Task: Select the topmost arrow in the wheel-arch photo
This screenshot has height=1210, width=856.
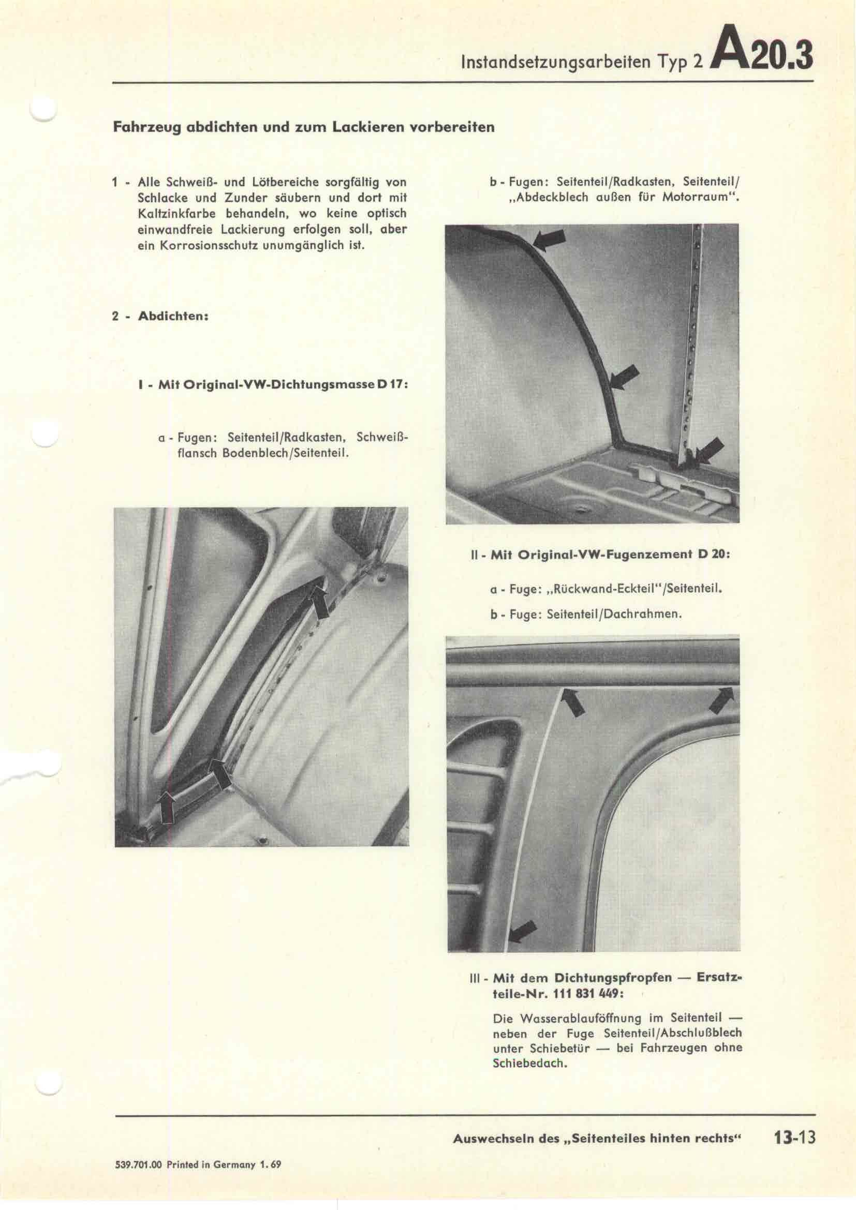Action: pos(549,241)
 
